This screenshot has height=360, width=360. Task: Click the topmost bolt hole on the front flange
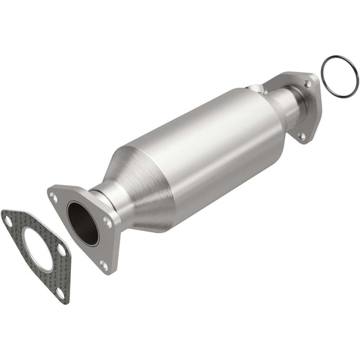point(53,197)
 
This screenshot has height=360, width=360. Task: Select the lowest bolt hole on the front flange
point(103,264)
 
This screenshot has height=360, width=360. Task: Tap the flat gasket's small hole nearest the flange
point(61,250)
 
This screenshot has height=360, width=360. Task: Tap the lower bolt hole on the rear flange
point(302,135)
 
